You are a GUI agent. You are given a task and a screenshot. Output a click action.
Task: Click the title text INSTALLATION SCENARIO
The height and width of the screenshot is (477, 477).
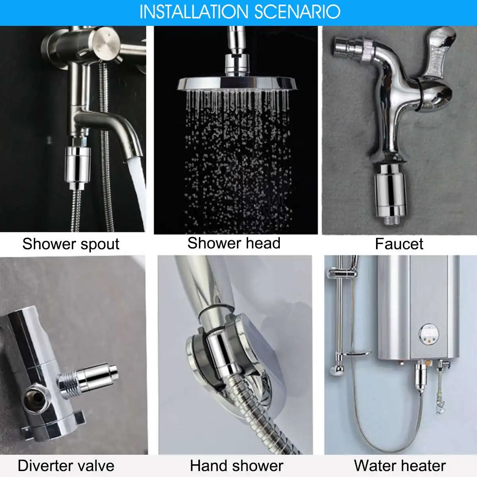tap(240, 12)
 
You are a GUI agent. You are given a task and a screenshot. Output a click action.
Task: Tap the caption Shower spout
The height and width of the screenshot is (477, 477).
tap(71, 244)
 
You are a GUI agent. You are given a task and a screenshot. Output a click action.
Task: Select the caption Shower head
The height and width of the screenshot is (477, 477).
tap(234, 243)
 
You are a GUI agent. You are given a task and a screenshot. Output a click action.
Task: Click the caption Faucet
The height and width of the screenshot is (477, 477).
tap(399, 244)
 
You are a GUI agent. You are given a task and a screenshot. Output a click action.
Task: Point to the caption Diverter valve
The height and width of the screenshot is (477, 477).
tap(66, 465)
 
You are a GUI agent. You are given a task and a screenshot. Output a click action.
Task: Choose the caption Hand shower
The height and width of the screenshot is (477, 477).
tap(237, 465)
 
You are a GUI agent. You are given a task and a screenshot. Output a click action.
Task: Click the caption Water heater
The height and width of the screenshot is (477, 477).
tap(399, 465)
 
